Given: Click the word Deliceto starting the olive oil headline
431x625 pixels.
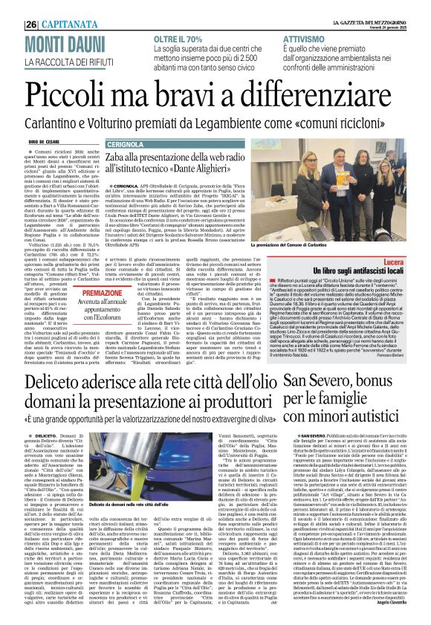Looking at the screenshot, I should pyautogui.click(x=48, y=383).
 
